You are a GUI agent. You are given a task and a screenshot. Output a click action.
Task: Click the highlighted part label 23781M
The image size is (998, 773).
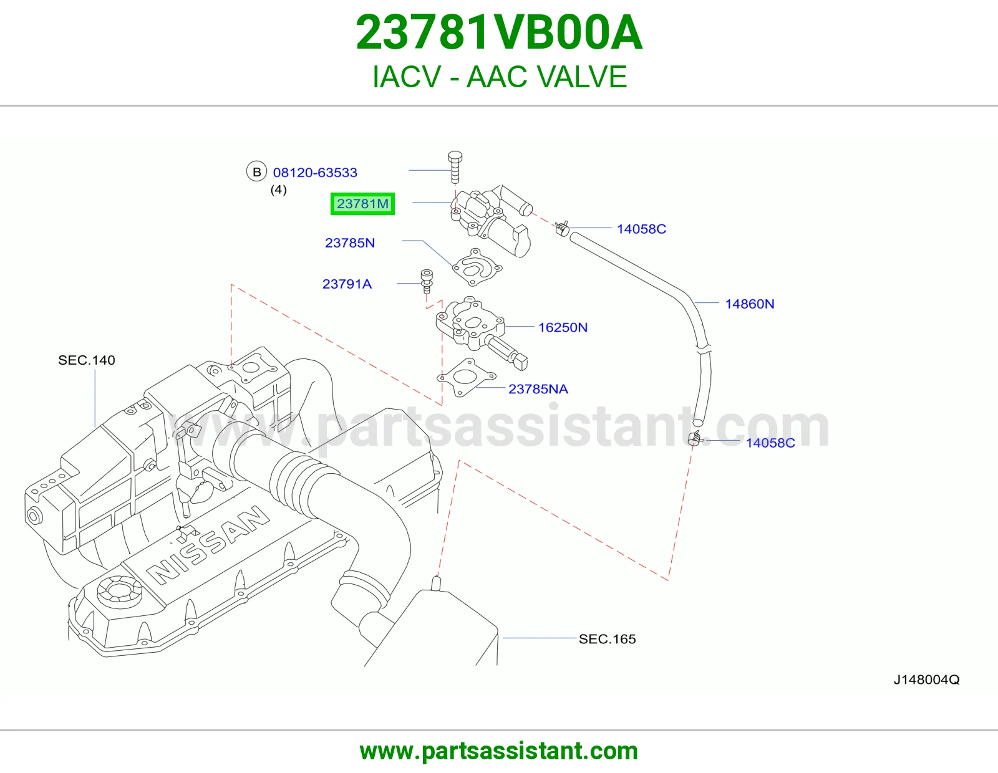362,203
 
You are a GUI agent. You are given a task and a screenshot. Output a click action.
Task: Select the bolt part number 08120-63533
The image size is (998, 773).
315,173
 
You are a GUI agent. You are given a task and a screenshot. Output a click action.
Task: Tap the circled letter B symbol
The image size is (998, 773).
256,171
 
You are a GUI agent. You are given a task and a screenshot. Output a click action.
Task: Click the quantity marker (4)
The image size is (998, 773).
278,190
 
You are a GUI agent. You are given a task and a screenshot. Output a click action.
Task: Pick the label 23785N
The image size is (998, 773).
350,243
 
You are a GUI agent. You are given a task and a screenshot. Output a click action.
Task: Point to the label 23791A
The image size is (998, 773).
347,284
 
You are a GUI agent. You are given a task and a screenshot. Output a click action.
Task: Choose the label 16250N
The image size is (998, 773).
563,327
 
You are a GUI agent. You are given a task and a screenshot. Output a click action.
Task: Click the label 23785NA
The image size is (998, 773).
538,389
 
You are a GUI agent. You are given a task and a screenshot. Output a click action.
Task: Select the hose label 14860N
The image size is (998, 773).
749,304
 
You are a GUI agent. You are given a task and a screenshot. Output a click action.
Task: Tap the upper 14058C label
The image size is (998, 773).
641,229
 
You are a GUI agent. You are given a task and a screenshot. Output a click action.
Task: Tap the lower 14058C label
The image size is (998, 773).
770,443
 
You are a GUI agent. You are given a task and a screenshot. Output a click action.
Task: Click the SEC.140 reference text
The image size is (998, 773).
86,360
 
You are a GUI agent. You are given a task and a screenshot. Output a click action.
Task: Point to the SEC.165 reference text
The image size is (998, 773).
607,639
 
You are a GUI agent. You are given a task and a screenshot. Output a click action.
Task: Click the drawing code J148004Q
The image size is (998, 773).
926,680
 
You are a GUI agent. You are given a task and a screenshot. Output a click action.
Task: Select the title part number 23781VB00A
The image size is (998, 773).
499,32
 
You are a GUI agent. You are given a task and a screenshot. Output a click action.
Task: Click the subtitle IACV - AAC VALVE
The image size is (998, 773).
499,77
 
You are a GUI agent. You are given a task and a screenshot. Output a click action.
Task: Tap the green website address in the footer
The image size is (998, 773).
499,751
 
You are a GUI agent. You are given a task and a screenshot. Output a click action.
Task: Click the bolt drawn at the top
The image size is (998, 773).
455,167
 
